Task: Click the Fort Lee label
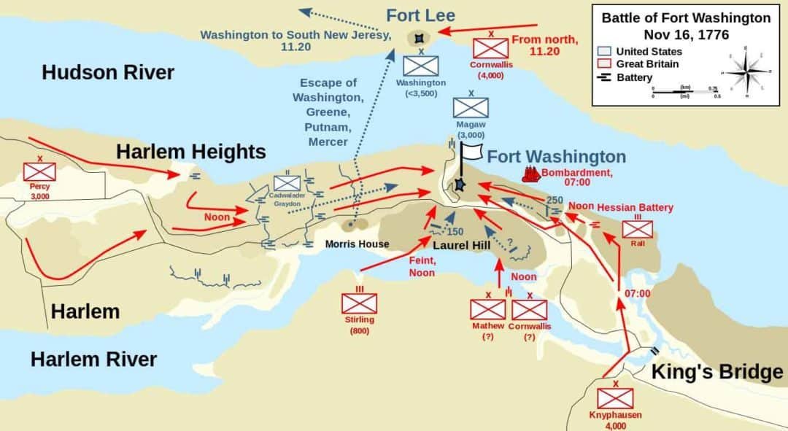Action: pyautogui.click(x=420, y=15)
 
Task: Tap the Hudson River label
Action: pyautogui.click(x=108, y=72)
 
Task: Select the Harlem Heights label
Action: pyautogui.click(x=190, y=152)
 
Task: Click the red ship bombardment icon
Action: pyautogui.click(x=530, y=174)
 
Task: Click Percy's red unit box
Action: pyautogui.click(x=39, y=172)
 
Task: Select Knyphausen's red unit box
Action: pyautogui.click(x=615, y=398)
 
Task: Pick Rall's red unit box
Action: pyautogui.click(x=638, y=229)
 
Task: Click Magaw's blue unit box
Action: pyautogui.click(x=471, y=108)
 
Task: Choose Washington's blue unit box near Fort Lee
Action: pyautogui.click(x=421, y=66)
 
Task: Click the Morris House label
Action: pyautogui.click(x=358, y=244)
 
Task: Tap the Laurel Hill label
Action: pyautogui.click(x=461, y=246)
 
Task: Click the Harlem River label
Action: pyautogui.click(x=93, y=359)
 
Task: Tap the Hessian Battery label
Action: pyautogui.click(x=635, y=208)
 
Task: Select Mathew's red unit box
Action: pyautogui.click(x=487, y=308)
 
